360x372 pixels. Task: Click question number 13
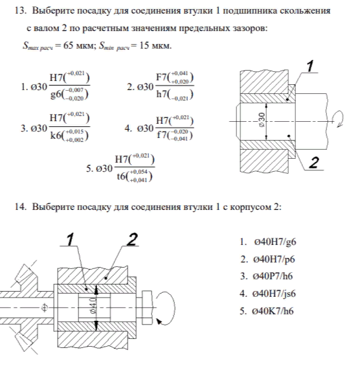[20, 10]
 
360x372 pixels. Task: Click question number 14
[20, 207]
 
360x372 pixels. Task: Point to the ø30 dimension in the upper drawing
[262, 120]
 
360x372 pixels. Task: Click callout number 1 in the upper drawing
[310, 66]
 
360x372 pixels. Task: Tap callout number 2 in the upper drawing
[314, 163]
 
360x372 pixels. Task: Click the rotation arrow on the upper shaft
[339, 119]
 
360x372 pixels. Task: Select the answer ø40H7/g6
[275, 242]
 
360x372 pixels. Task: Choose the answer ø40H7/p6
[274, 259]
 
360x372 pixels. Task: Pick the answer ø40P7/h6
[273, 276]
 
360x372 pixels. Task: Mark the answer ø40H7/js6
[274, 294]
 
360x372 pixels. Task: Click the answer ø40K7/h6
[273, 311]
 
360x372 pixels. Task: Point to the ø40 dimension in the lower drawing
[94, 305]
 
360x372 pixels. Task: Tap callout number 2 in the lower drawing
[132, 239]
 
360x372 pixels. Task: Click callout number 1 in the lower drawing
[70, 239]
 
